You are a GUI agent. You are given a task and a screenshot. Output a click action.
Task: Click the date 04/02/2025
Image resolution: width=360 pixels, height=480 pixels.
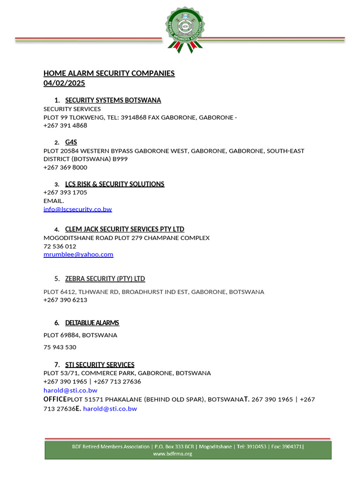click(x=64, y=83)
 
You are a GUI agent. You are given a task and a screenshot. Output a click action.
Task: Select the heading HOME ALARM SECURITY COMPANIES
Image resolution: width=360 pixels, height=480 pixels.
click(x=109, y=73)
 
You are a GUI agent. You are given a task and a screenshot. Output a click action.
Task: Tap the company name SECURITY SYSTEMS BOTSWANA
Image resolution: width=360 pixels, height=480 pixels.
click(x=113, y=100)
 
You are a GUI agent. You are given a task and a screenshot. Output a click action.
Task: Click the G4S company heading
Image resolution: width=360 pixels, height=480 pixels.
click(x=71, y=142)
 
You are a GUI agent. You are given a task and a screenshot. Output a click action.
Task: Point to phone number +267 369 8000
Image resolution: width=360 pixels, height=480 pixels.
click(x=65, y=167)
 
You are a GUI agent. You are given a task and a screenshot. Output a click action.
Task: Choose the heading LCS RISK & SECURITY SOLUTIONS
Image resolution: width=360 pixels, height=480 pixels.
click(x=114, y=184)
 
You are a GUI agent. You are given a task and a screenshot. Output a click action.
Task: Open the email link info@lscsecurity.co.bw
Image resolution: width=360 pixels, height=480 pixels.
click(x=78, y=209)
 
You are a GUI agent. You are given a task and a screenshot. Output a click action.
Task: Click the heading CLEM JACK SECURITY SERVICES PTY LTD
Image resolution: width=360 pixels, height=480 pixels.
click(x=125, y=229)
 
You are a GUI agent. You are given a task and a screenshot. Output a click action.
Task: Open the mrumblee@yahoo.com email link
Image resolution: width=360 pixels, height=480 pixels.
click(x=78, y=255)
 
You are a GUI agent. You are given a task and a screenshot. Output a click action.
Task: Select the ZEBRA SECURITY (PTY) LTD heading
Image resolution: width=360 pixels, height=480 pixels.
click(x=105, y=279)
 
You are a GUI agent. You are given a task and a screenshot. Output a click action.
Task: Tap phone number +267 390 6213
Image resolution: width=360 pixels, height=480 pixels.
click(x=65, y=300)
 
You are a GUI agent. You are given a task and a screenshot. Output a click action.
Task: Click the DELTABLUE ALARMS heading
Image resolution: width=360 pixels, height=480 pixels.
click(x=92, y=323)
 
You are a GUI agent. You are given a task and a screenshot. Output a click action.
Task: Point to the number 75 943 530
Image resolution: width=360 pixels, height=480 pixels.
click(x=60, y=347)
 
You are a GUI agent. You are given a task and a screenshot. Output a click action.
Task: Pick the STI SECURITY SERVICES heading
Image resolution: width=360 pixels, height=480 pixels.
click(x=99, y=365)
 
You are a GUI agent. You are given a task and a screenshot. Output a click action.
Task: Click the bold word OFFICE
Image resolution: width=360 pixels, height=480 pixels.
click(x=55, y=399)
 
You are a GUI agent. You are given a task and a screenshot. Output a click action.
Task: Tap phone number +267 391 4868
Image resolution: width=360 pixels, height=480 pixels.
click(x=65, y=126)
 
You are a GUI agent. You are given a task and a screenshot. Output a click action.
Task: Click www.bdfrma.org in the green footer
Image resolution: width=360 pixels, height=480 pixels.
click(x=172, y=454)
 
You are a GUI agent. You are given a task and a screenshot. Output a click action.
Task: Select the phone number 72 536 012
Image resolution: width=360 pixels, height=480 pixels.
click(x=60, y=246)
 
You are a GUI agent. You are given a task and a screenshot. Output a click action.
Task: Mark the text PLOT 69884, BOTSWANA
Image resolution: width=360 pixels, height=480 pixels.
click(x=80, y=335)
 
